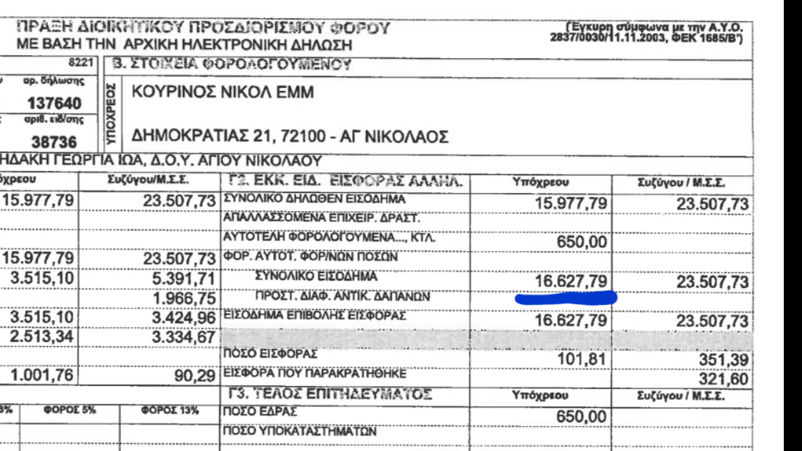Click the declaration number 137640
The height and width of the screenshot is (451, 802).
click(x=55, y=103)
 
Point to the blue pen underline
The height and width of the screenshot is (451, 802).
click(x=566, y=298)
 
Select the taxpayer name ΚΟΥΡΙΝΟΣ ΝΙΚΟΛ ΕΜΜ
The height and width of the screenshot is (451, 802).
click(x=222, y=93)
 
